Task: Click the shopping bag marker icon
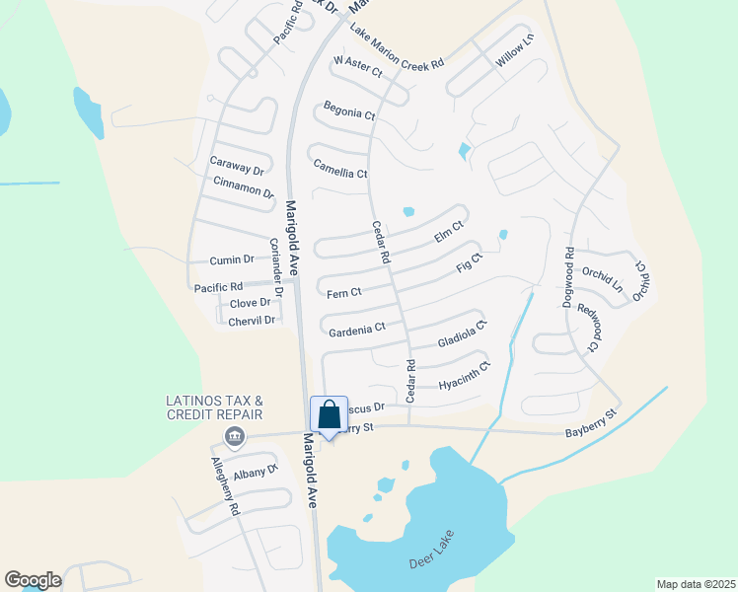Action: point(329,414)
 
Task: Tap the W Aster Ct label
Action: point(357,66)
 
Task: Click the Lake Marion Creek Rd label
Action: point(397,46)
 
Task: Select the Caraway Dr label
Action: point(237,165)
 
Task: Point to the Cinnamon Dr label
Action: point(243,185)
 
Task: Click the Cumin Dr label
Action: point(232,259)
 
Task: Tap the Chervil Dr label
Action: point(252,321)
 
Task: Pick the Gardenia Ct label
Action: point(356,327)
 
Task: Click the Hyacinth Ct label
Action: point(465,375)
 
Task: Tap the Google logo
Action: point(33,580)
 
